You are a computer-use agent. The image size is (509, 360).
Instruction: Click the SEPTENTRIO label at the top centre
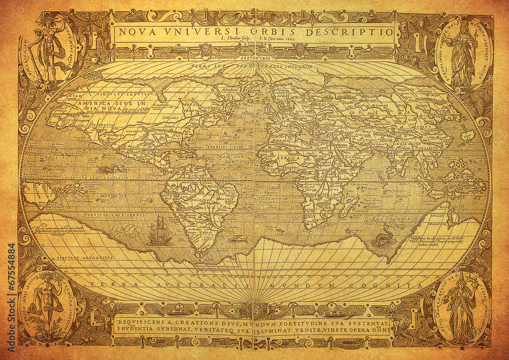(253, 59)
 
